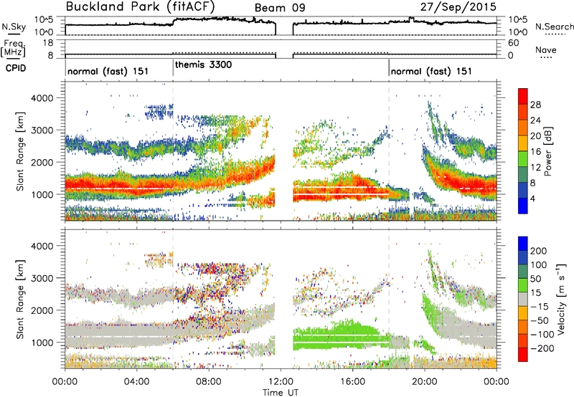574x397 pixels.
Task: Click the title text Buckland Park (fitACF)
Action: pyautogui.click(x=140, y=6)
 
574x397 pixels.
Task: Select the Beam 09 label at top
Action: pyautogui.click(x=280, y=8)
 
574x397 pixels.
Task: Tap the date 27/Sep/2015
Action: pyautogui.click(x=458, y=6)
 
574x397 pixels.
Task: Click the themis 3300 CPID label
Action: pyautogui.click(x=203, y=64)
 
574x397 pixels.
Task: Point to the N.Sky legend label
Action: pyautogui.click(x=14, y=27)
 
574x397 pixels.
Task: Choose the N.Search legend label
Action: pyautogui.click(x=554, y=27)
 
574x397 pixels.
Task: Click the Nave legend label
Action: pyautogui.click(x=546, y=50)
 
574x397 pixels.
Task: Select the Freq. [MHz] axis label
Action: pyautogui.click(x=14, y=48)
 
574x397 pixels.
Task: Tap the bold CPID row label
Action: pyautogui.click(x=16, y=68)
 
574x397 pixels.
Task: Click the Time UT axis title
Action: pyautogui.click(x=281, y=393)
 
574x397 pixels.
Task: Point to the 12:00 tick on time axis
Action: pyautogui.click(x=281, y=382)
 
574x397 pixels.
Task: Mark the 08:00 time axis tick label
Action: pyautogui.click(x=209, y=382)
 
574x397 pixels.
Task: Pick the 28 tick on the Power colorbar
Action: pyautogui.click(x=535, y=105)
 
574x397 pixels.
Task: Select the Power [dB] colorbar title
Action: pyautogui.click(x=547, y=151)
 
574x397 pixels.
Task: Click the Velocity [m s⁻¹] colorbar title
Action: pyautogui.click(x=560, y=299)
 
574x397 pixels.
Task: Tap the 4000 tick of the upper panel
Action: pyautogui.click(x=43, y=98)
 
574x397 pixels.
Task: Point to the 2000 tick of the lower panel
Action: pyautogui.click(x=43, y=310)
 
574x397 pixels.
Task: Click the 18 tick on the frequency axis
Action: pyautogui.click(x=48, y=43)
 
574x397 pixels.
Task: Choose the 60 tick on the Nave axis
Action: pyautogui.click(x=513, y=43)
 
